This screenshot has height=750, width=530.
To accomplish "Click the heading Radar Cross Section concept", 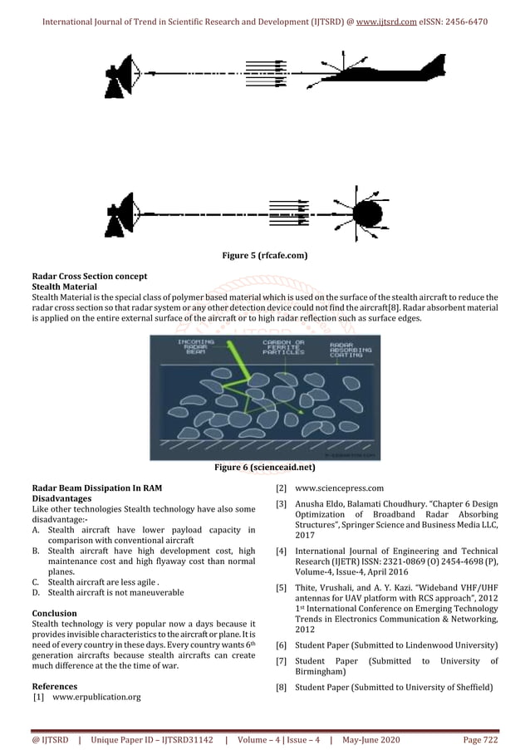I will pos(90,276).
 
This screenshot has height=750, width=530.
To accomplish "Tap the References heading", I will pos(54,687).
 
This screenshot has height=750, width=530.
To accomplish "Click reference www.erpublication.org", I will pos(96,698).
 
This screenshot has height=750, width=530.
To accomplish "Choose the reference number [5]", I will pos(281,588).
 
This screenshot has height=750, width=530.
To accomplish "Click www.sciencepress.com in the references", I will pos(339,488).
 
